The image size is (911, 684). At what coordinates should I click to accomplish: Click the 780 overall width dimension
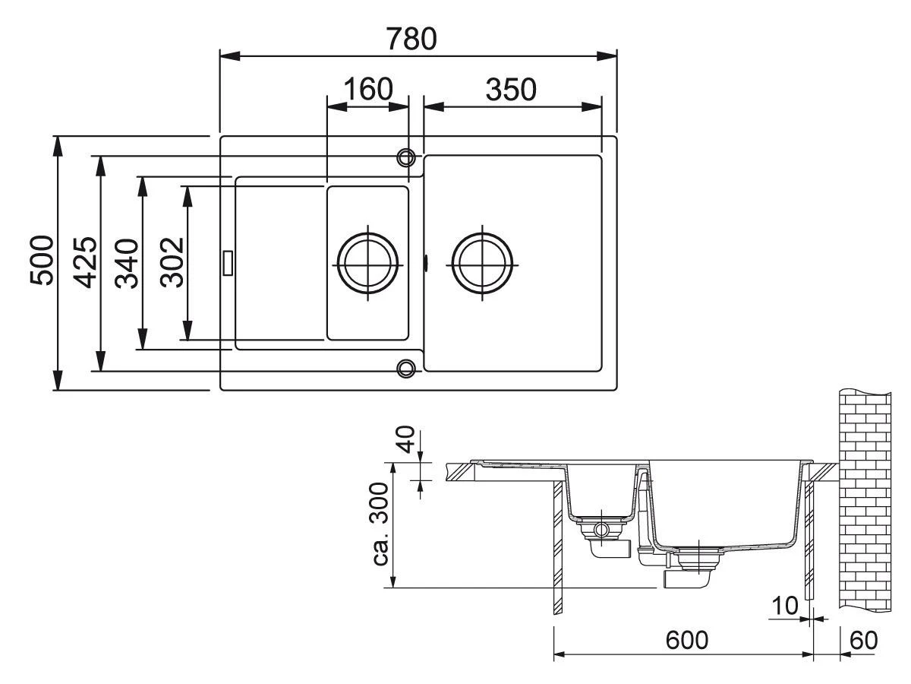tap(411, 39)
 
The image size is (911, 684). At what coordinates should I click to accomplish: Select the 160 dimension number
tap(368, 89)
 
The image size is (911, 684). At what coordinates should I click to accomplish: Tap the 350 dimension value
tap(511, 90)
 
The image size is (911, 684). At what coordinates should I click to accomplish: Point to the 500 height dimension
tap(42, 261)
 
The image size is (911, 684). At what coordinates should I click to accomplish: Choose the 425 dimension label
tap(85, 262)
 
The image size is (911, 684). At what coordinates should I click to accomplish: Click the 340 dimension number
tap(127, 263)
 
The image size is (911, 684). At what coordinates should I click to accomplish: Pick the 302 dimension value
tap(172, 262)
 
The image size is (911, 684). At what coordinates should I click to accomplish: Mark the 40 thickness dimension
tap(406, 439)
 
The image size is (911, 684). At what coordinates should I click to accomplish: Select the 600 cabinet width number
tap(687, 640)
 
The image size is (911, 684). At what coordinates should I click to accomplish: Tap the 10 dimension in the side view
tap(785, 606)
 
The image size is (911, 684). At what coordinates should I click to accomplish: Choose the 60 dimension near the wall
tap(864, 640)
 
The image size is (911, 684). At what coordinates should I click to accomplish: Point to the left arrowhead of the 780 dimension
tap(230, 56)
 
